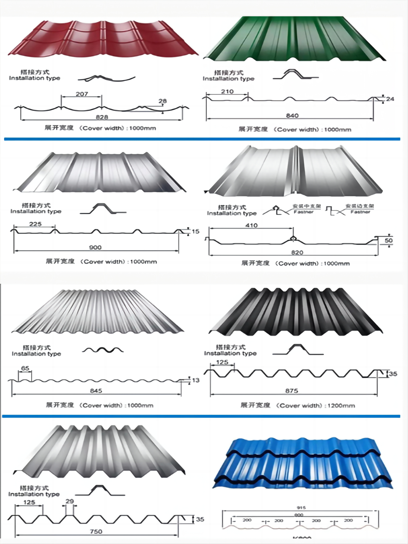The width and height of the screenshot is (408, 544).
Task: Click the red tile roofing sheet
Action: [103, 39]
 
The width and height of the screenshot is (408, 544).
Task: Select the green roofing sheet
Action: [294, 39]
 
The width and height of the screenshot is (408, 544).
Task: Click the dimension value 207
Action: [82, 94]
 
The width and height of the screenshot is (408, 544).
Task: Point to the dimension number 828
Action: [102, 117]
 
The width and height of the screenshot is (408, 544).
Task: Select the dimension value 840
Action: [292, 116]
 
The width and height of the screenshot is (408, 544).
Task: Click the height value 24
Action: [390, 99]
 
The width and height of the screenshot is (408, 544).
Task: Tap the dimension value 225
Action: [35, 224]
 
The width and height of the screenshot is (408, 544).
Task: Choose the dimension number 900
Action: [95, 247]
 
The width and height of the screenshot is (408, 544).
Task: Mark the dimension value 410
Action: [251, 225]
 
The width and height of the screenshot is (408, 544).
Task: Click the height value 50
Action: [389, 240]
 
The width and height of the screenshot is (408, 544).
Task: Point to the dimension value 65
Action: [25, 368]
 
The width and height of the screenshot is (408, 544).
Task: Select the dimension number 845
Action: [96, 391]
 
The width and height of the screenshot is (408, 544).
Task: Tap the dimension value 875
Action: [292, 391]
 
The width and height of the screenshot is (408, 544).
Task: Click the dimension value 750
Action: [96, 531]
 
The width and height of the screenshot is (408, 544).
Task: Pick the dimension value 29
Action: [70, 501]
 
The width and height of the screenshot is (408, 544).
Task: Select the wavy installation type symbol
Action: [103, 350]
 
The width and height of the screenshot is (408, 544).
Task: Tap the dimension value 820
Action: [297, 253]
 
